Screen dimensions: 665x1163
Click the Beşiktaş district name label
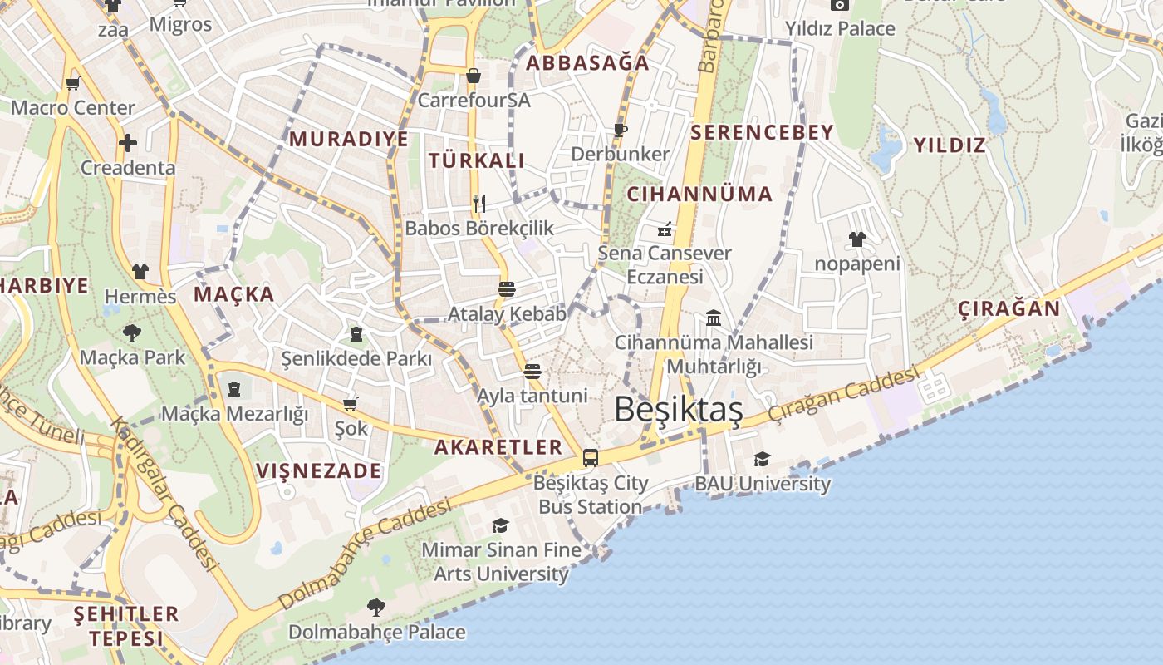click(x=678, y=409)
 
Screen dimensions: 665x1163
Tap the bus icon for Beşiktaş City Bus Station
click(x=591, y=457)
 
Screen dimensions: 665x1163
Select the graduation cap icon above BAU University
click(x=762, y=459)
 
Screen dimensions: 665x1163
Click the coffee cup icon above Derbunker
click(x=620, y=129)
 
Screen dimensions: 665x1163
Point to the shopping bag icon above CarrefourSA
click(x=474, y=76)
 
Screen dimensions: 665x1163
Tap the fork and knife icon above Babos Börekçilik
click(x=479, y=203)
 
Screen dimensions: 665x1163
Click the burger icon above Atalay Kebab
click(x=506, y=289)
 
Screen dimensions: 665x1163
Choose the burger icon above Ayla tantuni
click(x=532, y=371)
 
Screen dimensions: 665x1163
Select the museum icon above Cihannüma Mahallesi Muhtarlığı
click(x=714, y=318)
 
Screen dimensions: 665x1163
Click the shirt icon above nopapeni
click(x=857, y=239)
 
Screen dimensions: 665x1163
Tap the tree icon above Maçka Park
click(x=131, y=333)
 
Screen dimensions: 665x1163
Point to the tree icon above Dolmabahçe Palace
click(x=376, y=607)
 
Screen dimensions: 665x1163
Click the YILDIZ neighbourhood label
click(x=950, y=145)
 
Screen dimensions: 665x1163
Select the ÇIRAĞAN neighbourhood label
click(x=1008, y=309)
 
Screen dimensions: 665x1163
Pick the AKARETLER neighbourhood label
click(x=498, y=447)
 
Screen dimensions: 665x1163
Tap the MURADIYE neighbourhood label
click(x=349, y=139)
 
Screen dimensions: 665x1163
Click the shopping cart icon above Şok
click(x=351, y=404)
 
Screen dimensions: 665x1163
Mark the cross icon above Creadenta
click(x=127, y=143)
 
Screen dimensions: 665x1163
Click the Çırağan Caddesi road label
click(x=843, y=395)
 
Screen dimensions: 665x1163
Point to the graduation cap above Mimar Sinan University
click(x=500, y=525)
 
